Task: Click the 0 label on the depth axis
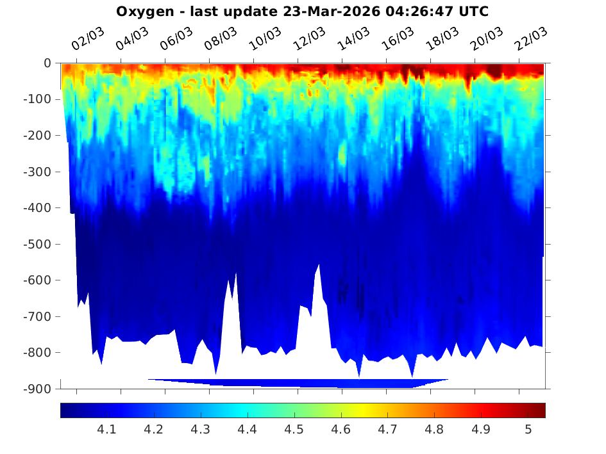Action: coord(47,63)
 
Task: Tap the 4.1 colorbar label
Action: coord(106,430)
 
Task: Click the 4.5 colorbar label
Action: coord(294,430)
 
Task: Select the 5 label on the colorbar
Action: coord(528,430)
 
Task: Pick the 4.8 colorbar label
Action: coord(435,430)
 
